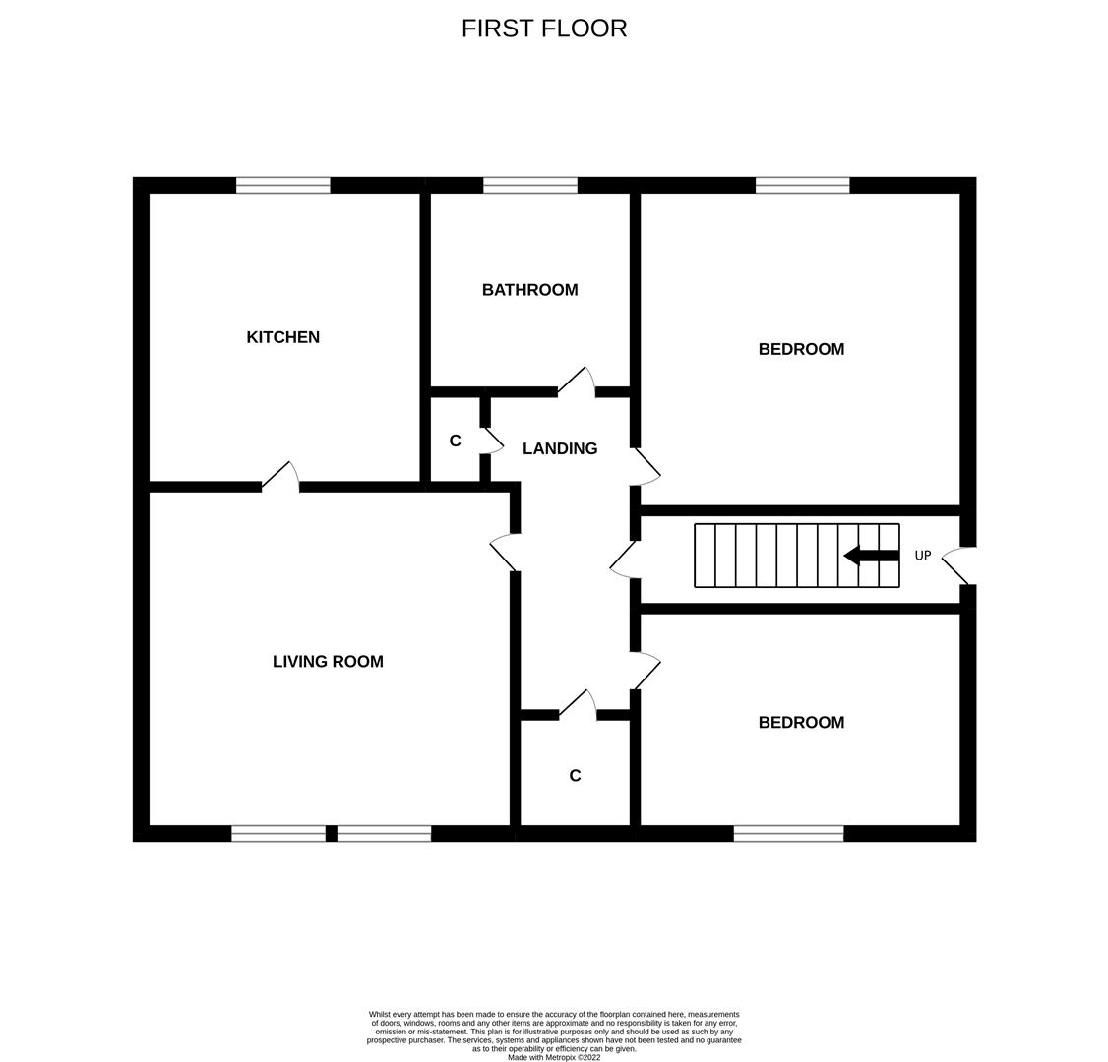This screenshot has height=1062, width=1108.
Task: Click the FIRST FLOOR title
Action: pos(544,29)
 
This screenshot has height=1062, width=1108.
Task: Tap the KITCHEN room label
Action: pos(282,337)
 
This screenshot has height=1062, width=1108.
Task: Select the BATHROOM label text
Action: pos(529,290)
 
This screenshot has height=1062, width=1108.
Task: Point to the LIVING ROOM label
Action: pos(328,662)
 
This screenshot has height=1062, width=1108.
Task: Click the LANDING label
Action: pos(560,448)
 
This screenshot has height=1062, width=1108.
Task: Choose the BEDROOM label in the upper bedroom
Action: pos(801,349)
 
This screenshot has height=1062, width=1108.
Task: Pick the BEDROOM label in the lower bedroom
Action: pos(801,723)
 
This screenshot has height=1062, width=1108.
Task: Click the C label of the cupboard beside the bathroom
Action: pos(455,442)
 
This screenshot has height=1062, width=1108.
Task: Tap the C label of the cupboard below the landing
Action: pos(575,776)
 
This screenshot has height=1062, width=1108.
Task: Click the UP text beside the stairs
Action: pos(923,556)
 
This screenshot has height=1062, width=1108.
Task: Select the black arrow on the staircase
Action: pos(871,556)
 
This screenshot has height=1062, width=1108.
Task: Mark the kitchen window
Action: pos(283,185)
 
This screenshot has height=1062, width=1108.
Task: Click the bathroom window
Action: pos(530,185)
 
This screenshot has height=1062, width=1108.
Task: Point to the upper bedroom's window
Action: pos(802,185)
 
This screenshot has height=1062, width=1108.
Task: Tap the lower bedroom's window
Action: pos(788,834)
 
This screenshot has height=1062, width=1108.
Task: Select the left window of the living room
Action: pos(278,834)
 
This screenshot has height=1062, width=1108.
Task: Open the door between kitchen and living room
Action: pos(280,477)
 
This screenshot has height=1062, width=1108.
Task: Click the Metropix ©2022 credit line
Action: pos(554,1057)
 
